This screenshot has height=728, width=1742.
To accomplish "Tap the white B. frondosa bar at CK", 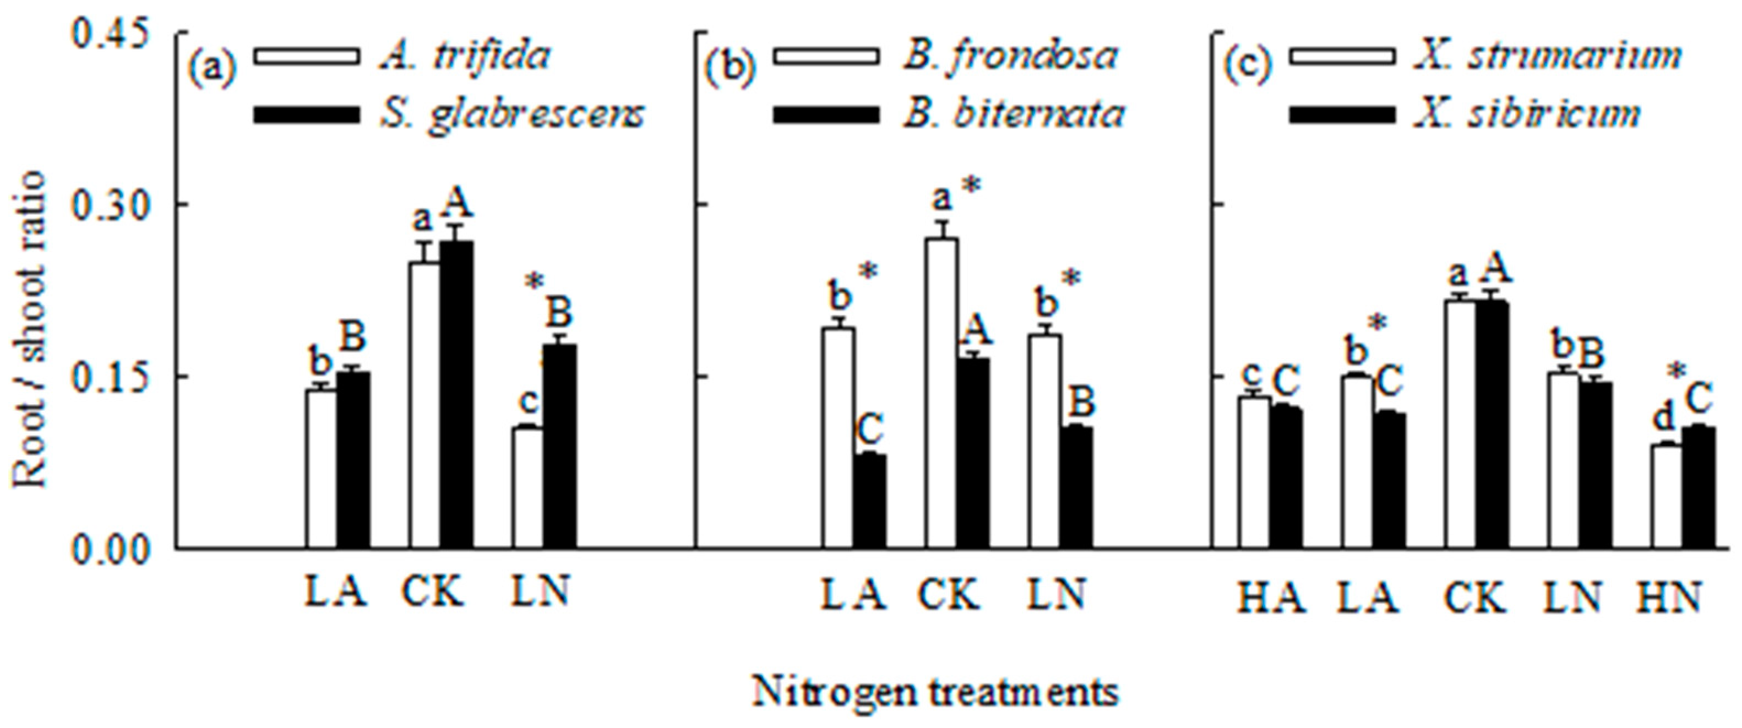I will click(x=941, y=393).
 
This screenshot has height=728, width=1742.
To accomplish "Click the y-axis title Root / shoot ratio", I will click(x=30, y=328).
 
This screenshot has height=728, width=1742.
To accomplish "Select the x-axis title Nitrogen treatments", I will click(x=935, y=692).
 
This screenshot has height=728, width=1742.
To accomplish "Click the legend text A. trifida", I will click(x=464, y=57).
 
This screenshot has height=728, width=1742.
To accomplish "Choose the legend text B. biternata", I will click(x=1013, y=113).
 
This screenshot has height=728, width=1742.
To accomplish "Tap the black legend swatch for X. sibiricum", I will click(x=1342, y=113).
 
